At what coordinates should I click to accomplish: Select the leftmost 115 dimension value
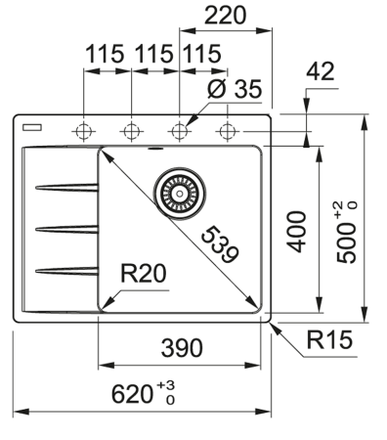pyautogui.click(x=106, y=56)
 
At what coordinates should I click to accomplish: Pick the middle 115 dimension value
pyautogui.click(x=153, y=56)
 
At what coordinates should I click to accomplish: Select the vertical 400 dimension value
pyautogui.click(x=299, y=230)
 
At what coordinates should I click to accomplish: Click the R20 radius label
pyautogui.click(x=140, y=278)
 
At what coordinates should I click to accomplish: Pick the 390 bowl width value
pyautogui.click(x=182, y=349)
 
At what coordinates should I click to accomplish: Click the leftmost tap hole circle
pyautogui.click(x=83, y=131)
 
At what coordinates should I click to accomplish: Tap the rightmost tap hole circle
pyautogui.click(x=227, y=131)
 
